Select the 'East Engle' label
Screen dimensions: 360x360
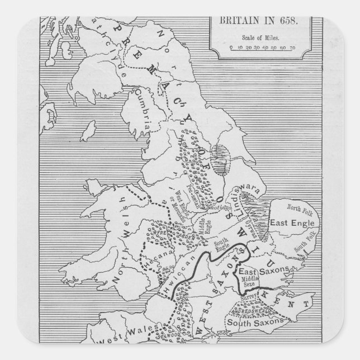pyautogui.click(x=291, y=222)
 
